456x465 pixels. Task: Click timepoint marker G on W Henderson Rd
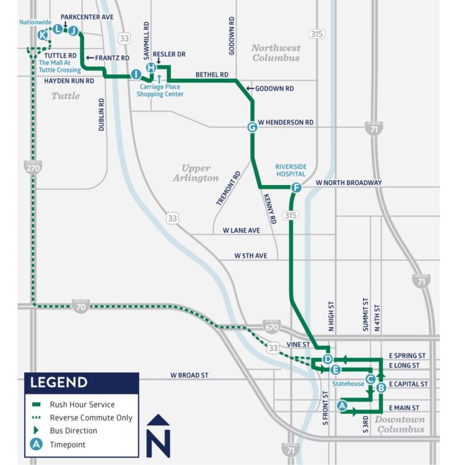252,127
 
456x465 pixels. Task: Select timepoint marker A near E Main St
342,406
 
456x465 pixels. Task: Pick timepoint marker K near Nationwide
42,36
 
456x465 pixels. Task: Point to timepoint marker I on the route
136,74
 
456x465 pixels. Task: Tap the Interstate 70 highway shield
81,307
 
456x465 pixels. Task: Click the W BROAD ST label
189,375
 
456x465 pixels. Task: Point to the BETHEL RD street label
212,75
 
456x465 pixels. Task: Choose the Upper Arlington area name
195,173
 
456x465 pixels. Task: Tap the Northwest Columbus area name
276,53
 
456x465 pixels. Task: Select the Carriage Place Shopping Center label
160,90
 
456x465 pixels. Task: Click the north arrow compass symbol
158,435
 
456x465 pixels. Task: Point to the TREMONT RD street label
228,189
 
